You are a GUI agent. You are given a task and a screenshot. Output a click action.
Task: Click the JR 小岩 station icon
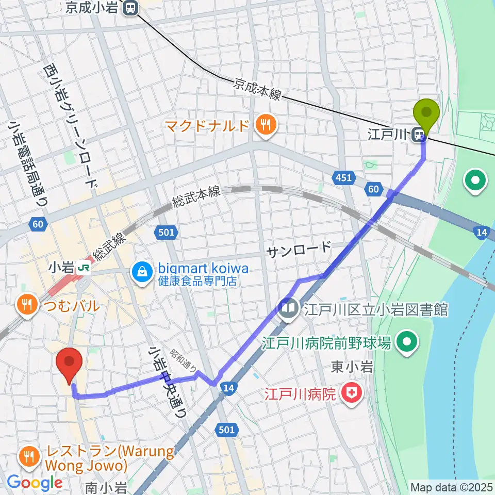pyautogui.click(x=81, y=268)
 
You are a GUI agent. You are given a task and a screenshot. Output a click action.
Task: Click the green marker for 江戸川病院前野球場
pyautogui.click(x=408, y=341)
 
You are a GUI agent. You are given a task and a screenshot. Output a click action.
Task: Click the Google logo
pyautogui.click(x=35, y=483)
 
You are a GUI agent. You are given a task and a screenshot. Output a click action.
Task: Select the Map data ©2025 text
pyautogui.click(x=451, y=487)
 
